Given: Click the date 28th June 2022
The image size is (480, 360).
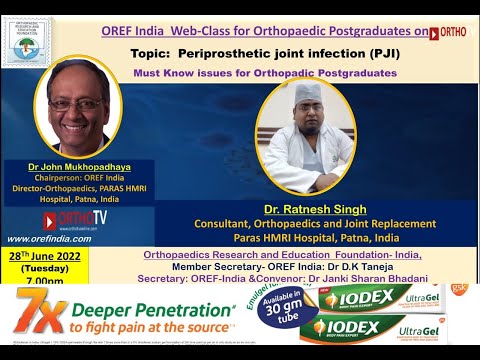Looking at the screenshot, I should pyautogui.click(x=45, y=256).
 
